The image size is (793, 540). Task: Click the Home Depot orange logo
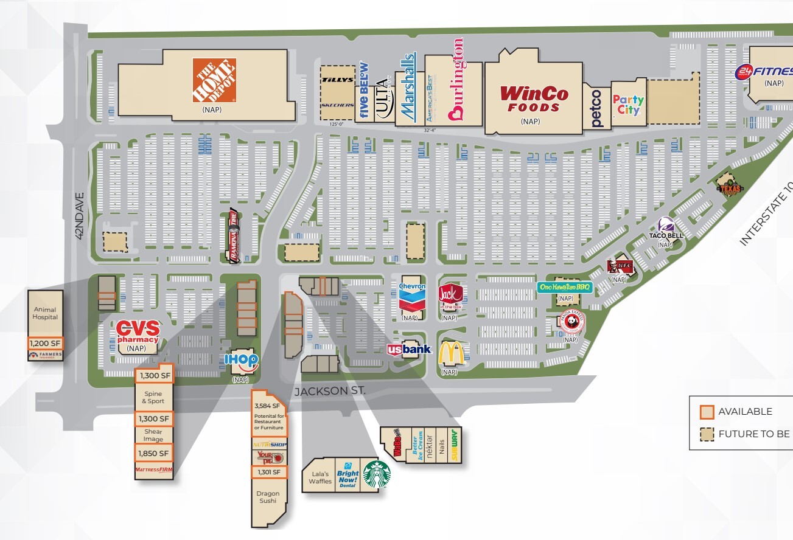pyautogui.click(x=214, y=80)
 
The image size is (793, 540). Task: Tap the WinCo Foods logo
pyautogui.click(x=534, y=99)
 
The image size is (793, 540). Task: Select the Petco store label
pyautogui.click(x=596, y=108)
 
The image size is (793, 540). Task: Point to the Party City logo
pyautogui.click(x=628, y=105)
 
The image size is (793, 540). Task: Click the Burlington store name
pyautogui.click(x=456, y=79)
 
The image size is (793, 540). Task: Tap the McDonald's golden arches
pyautogui.click(x=451, y=353)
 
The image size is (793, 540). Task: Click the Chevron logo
pyautogui.click(x=412, y=297)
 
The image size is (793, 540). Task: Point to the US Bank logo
pyautogui.click(x=409, y=349)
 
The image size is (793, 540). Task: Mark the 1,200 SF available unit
pyautogui.click(x=45, y=342)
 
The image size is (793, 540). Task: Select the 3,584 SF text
pyautogui.click(x=268, y=406)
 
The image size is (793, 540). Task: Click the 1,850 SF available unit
pyautogui.click(x=154, y=453)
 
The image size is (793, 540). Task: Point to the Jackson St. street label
pyautogui.click(x=330, y=392)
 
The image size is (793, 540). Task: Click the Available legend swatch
pyautogui.click(x=706, y=412)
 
